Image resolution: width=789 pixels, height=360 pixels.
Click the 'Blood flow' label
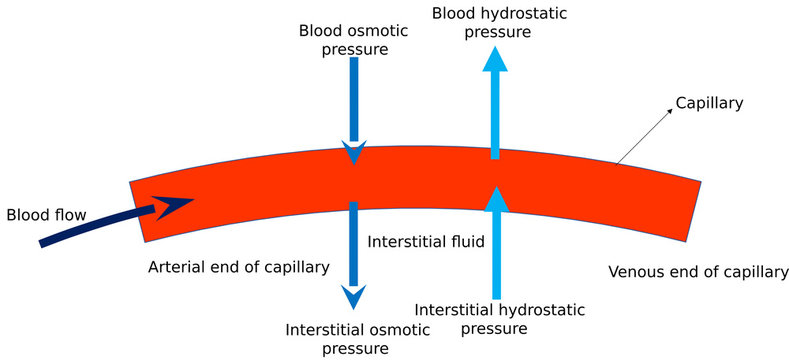47,214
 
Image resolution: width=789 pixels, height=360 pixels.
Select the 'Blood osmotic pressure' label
354,39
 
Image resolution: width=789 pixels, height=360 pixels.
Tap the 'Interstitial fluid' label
426,241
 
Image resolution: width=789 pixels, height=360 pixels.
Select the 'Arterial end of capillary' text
238,267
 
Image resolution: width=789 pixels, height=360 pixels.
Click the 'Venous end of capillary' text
698,271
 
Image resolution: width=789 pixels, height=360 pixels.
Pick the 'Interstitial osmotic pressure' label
352,338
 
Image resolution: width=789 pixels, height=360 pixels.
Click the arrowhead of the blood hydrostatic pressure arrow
494,58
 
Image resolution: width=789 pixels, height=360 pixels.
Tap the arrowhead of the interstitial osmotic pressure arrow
353,297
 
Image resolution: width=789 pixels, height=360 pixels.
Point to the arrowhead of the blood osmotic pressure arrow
353,154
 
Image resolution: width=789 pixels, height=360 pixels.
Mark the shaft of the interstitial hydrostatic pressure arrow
495,255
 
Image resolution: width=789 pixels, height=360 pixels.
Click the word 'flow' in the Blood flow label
71,214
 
